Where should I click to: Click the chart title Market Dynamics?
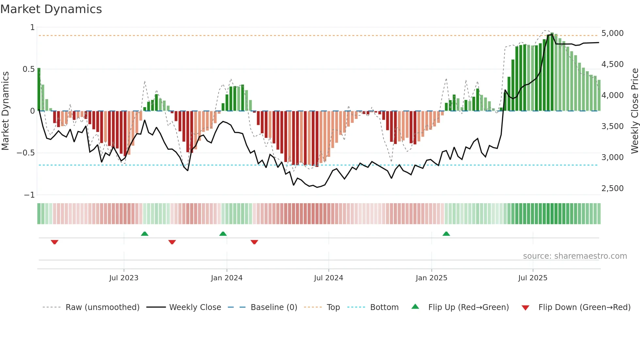(x=51, y=9)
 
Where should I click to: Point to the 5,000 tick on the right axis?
(x=612, y=33)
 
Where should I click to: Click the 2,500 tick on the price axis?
(x=612, y=188)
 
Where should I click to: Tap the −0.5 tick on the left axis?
(x=26, y=153)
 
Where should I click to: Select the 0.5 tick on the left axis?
(x=28, y=69)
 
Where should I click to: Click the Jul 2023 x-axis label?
(x=124, y=278)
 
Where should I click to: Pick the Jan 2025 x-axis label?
(x=431, y=278)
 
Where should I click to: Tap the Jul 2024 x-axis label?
(x=328, y=278)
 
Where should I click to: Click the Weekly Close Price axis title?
(x=634, y=111)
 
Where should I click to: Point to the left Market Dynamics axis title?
(x=5, y=111)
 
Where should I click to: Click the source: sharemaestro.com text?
(x=575, y=256)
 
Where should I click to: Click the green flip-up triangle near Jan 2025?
(x=446, y=234)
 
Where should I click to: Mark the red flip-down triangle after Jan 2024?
(x=254, y=242)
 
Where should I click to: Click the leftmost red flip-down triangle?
(x=55, y=242)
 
